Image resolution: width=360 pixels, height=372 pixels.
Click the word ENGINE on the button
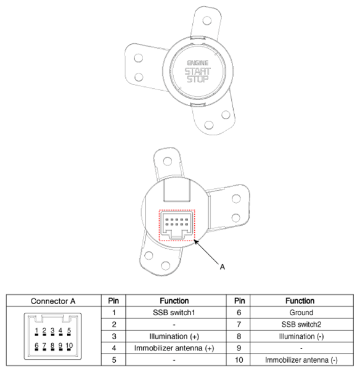(197, 63)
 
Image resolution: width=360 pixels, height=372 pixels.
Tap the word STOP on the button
(197, 79)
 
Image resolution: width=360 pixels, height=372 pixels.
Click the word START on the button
(197, 71)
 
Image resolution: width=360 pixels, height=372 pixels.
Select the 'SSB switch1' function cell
(170, 313)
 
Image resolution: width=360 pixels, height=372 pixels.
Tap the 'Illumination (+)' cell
(170, 336)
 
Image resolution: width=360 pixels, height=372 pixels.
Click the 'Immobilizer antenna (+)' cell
(170, 348)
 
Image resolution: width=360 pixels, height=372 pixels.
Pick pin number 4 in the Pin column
(113, 348)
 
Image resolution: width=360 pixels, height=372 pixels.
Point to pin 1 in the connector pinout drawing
(37, 331)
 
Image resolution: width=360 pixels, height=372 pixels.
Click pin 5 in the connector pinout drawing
(68, 331)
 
